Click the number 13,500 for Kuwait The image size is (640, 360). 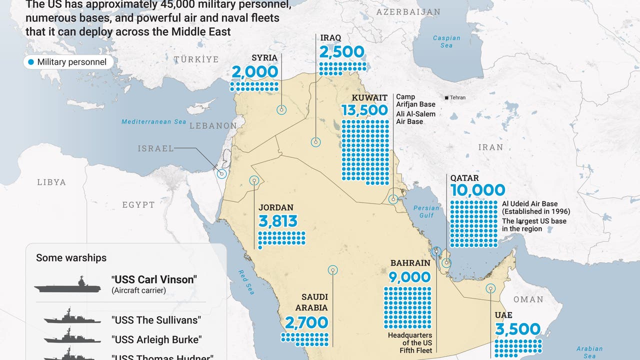click(x=364, y=110)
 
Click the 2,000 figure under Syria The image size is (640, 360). click(x=254, y=72)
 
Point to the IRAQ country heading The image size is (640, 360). click(x=331, y=38)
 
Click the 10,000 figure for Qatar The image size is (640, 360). click(x=477, y=190)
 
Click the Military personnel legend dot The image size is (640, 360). click(x=31, y=62)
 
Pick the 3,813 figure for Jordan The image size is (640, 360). click(x=278, y=221)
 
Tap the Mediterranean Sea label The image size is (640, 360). click(x=153, y=121)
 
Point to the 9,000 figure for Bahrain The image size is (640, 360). click(x=409, y=276)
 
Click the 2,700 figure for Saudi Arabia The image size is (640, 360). click(x=306, y=323)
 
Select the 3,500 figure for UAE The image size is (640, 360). click(x=517, y=329)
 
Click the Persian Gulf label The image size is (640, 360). click(x=426, y=211)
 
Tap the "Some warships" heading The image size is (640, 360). click(x=71, y=258)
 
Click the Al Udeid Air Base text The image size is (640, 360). click(x=529, y=204)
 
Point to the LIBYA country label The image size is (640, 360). click(x=51, y=182)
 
